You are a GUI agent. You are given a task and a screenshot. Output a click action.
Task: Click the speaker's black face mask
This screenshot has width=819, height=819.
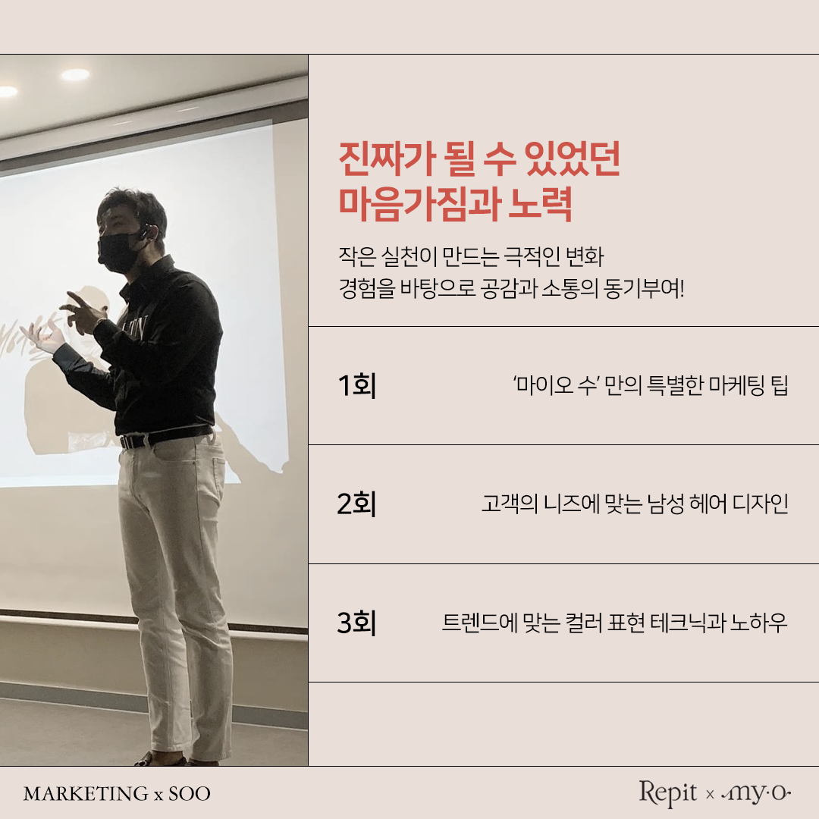[118, 253]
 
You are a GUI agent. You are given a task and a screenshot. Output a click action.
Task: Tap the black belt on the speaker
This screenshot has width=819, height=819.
[166, 437]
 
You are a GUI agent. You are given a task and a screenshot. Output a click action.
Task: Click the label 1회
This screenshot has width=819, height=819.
[356, 385]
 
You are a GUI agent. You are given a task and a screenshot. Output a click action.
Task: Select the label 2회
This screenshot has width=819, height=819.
[356, 504]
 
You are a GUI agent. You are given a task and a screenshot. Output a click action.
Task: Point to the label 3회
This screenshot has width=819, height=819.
[356, 623]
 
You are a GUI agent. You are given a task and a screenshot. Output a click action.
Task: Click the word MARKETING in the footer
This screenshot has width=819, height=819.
[86, 794]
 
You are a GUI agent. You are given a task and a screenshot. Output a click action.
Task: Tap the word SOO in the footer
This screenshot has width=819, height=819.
[189, 794]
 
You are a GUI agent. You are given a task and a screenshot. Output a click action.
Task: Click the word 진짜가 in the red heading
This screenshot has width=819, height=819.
[387, 158]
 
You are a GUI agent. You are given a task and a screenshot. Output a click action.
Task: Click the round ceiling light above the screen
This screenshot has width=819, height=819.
[76, 74]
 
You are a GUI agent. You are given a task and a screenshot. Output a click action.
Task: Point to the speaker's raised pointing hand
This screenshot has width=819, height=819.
[83, 313]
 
